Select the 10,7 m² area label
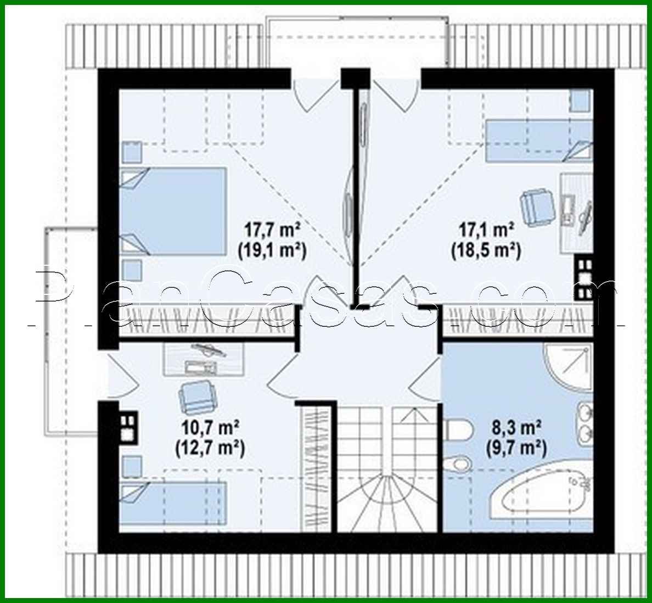210,427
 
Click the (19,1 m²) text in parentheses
271,250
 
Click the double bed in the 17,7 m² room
173,211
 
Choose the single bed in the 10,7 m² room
173,502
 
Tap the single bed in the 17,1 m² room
538,141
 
